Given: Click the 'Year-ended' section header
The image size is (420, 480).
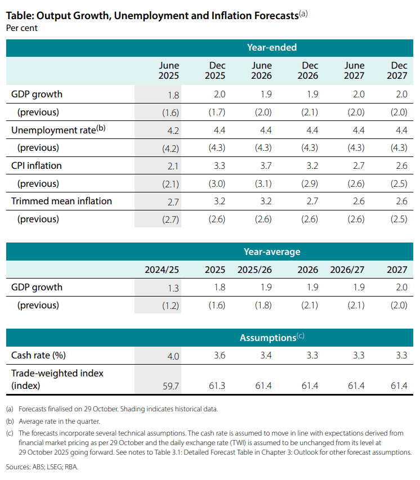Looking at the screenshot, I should pos(271,48).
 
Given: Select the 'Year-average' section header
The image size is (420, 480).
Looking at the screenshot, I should pos(271,252).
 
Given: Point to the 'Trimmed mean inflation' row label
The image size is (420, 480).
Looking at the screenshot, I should pos(61,201).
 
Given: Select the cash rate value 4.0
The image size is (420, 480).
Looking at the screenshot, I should pos(173,356).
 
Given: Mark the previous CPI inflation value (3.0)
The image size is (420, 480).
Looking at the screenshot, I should pos(216,184).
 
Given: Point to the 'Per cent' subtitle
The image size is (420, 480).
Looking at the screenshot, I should pos(22,28).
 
